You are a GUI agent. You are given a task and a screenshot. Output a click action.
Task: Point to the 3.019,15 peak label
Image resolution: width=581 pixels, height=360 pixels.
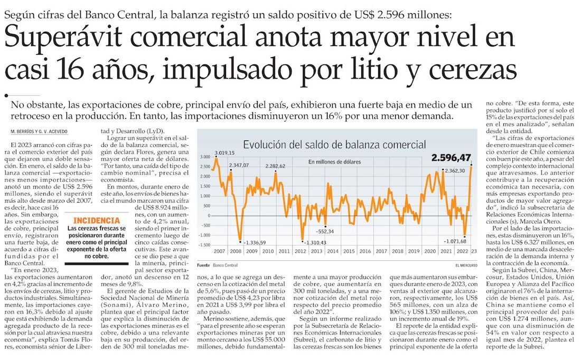(x=224, y=153)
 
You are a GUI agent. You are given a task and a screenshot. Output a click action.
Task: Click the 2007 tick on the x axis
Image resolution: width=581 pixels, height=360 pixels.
(x=220, y=252)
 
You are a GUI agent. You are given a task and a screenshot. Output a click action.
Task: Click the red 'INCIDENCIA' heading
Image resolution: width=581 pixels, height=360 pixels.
(x=92, y=220)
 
